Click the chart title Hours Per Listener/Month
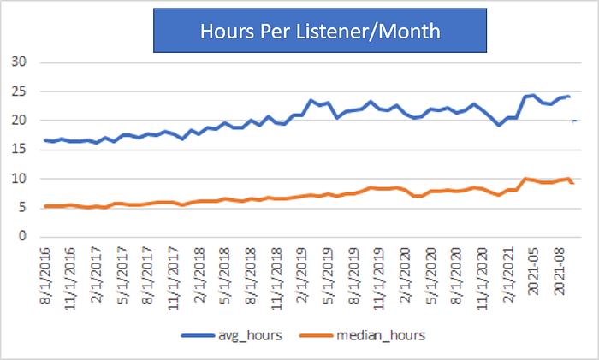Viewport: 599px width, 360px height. click(x=320, y=32)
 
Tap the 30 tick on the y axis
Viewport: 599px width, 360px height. click(x=19, y=62)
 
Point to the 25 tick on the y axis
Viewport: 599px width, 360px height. click(x=19, y=91)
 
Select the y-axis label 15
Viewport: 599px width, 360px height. click(x=19, y=150)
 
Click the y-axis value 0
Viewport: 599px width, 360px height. click(x=22, y=236)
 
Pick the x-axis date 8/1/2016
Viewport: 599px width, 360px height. click(x=45, y=275)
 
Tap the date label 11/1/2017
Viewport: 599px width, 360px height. click(x=174, y=279)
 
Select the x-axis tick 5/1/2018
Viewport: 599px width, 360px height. click(x=224, y=275)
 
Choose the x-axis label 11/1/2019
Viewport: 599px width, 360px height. click(x=378, y=279)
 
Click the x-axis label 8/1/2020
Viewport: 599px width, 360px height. click(x=456, y=275)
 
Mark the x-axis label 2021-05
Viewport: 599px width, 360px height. click(x=533, y=271)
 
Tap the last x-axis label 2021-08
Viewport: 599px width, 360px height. click(x=559, y=271)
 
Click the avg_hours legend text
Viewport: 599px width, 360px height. click(x=250, y=335)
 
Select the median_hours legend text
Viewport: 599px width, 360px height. click(x=381, y=335)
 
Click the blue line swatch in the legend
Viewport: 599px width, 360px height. click(x=198, y=335)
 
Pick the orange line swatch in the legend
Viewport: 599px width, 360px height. click(x=316, y=335)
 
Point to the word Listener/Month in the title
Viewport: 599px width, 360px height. click(x=368, y=32)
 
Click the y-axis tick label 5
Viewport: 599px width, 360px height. click(x=22, y=207)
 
